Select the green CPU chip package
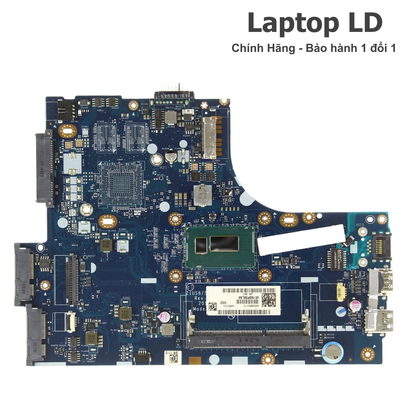pos(221,246)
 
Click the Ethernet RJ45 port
pos(382,246)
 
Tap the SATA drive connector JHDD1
pos(45,168)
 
